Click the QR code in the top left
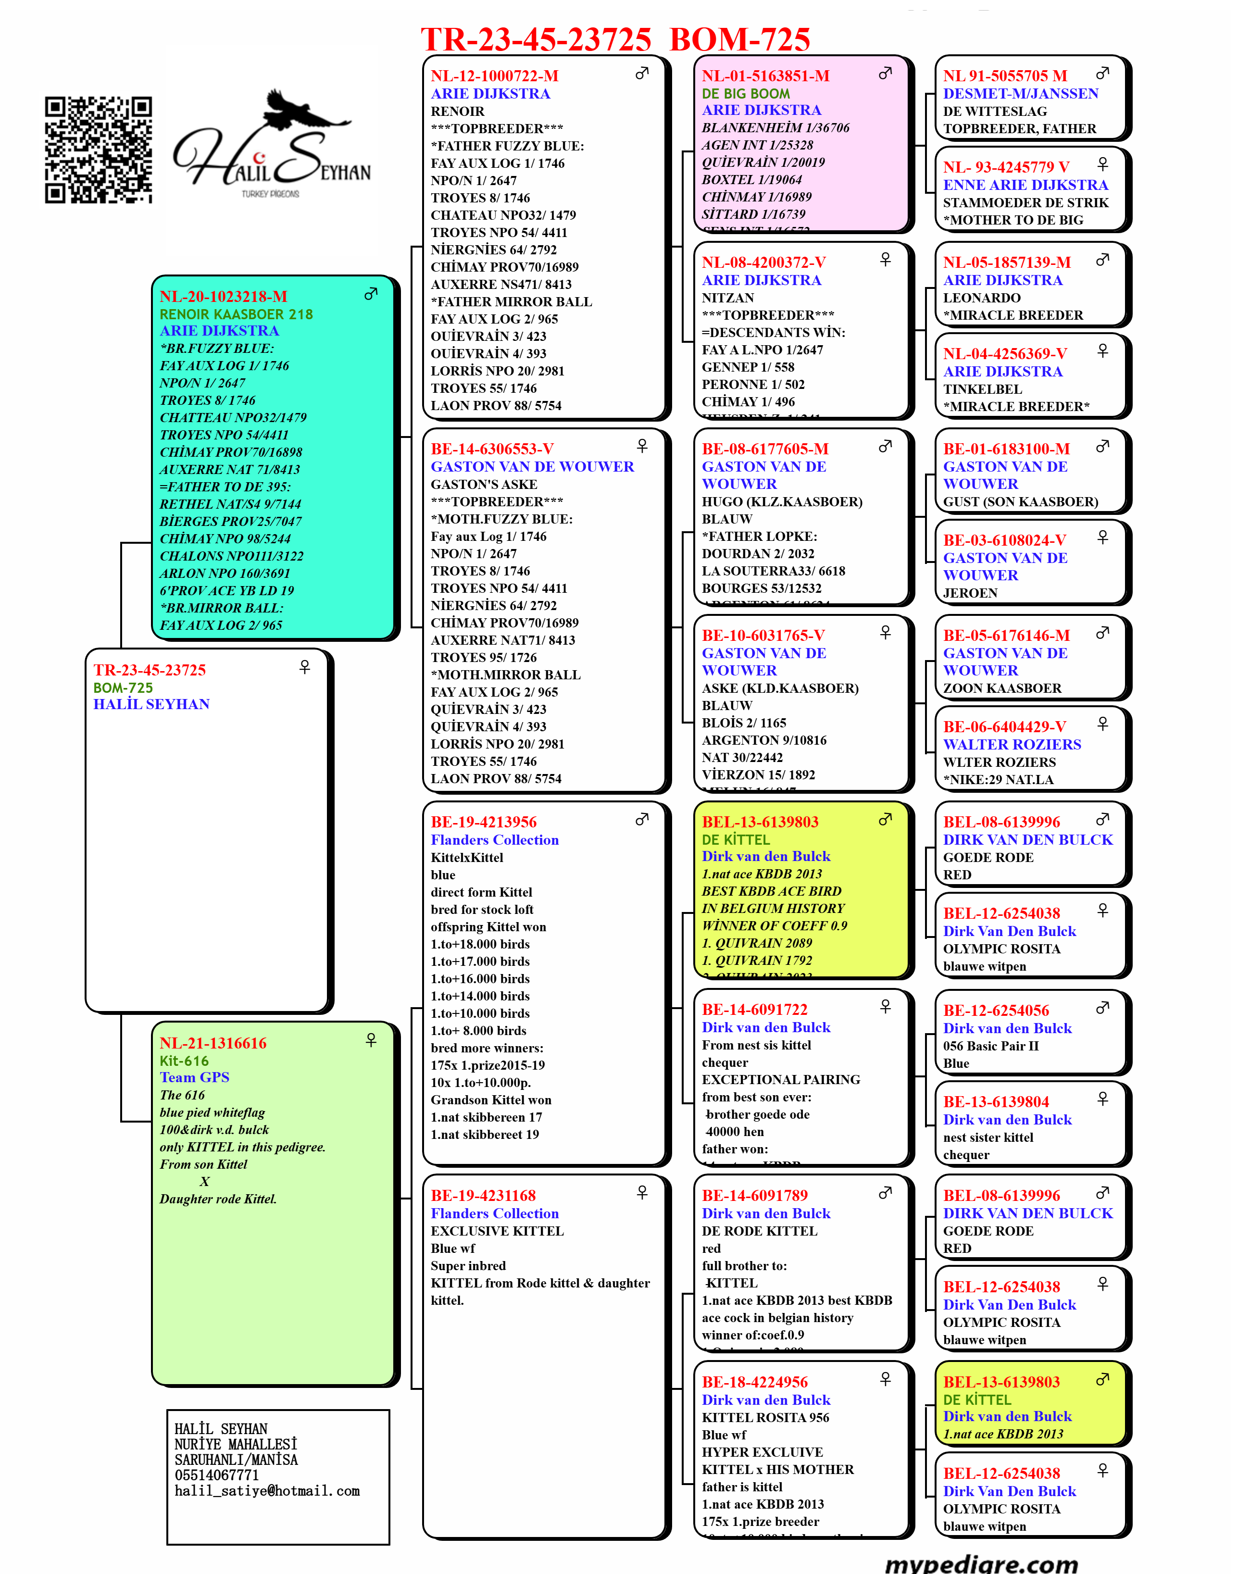coord(99,150)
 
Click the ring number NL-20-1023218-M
coord(224,297)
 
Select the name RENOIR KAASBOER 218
coord(236,314)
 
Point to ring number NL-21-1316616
coord(213,1043)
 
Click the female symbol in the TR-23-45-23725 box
coord(304,666)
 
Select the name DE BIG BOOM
coord(746,93)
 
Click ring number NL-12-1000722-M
coord(494,76)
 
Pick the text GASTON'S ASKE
coord(483,484)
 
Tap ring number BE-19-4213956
coord(483,822)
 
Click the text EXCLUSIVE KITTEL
coord(497,1231)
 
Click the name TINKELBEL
coord(982,389)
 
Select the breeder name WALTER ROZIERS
coord(1012,745)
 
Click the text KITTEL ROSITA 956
coord(765,1418)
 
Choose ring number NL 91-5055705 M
coord(1005,76)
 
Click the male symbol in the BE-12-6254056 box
coord(1102,1008)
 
